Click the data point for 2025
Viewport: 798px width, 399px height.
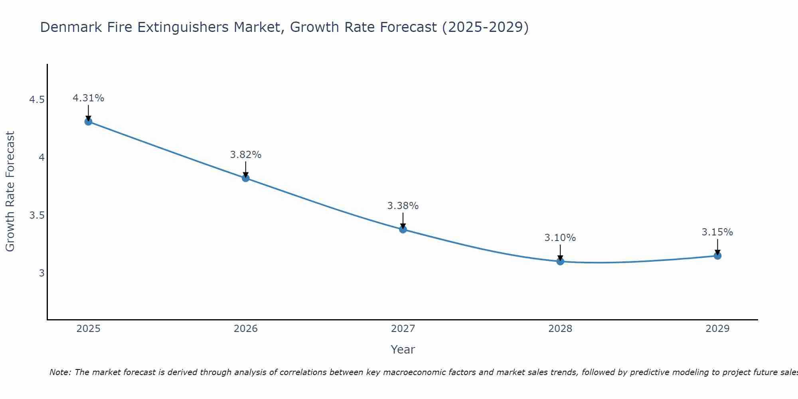(89, 121)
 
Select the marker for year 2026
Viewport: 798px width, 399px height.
(246, 178)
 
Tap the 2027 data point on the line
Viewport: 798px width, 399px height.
(403, 229)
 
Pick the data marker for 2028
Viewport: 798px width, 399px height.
(560, 261)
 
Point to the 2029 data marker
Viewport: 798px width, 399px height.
(717, 256)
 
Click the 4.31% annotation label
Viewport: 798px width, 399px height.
(89, 98)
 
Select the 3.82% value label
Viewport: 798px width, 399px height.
(246, 155)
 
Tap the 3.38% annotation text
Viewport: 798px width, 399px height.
(403, 206)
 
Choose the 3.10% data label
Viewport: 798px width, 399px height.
(560, 238)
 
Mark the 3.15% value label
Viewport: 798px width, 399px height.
(717, 232)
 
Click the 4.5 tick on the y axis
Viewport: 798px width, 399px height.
(37, 100)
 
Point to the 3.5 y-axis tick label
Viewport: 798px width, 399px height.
(37, 215)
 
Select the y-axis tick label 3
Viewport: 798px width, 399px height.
(41, 273)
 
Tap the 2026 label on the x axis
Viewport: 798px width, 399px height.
(246, 329)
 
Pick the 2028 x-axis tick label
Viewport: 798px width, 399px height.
(560, 329)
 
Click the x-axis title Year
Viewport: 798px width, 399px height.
(403, 350)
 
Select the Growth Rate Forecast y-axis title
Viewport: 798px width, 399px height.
(10, 192)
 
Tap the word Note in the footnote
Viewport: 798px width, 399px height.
(60, 372)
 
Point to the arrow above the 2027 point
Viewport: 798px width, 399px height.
(403, 221)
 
